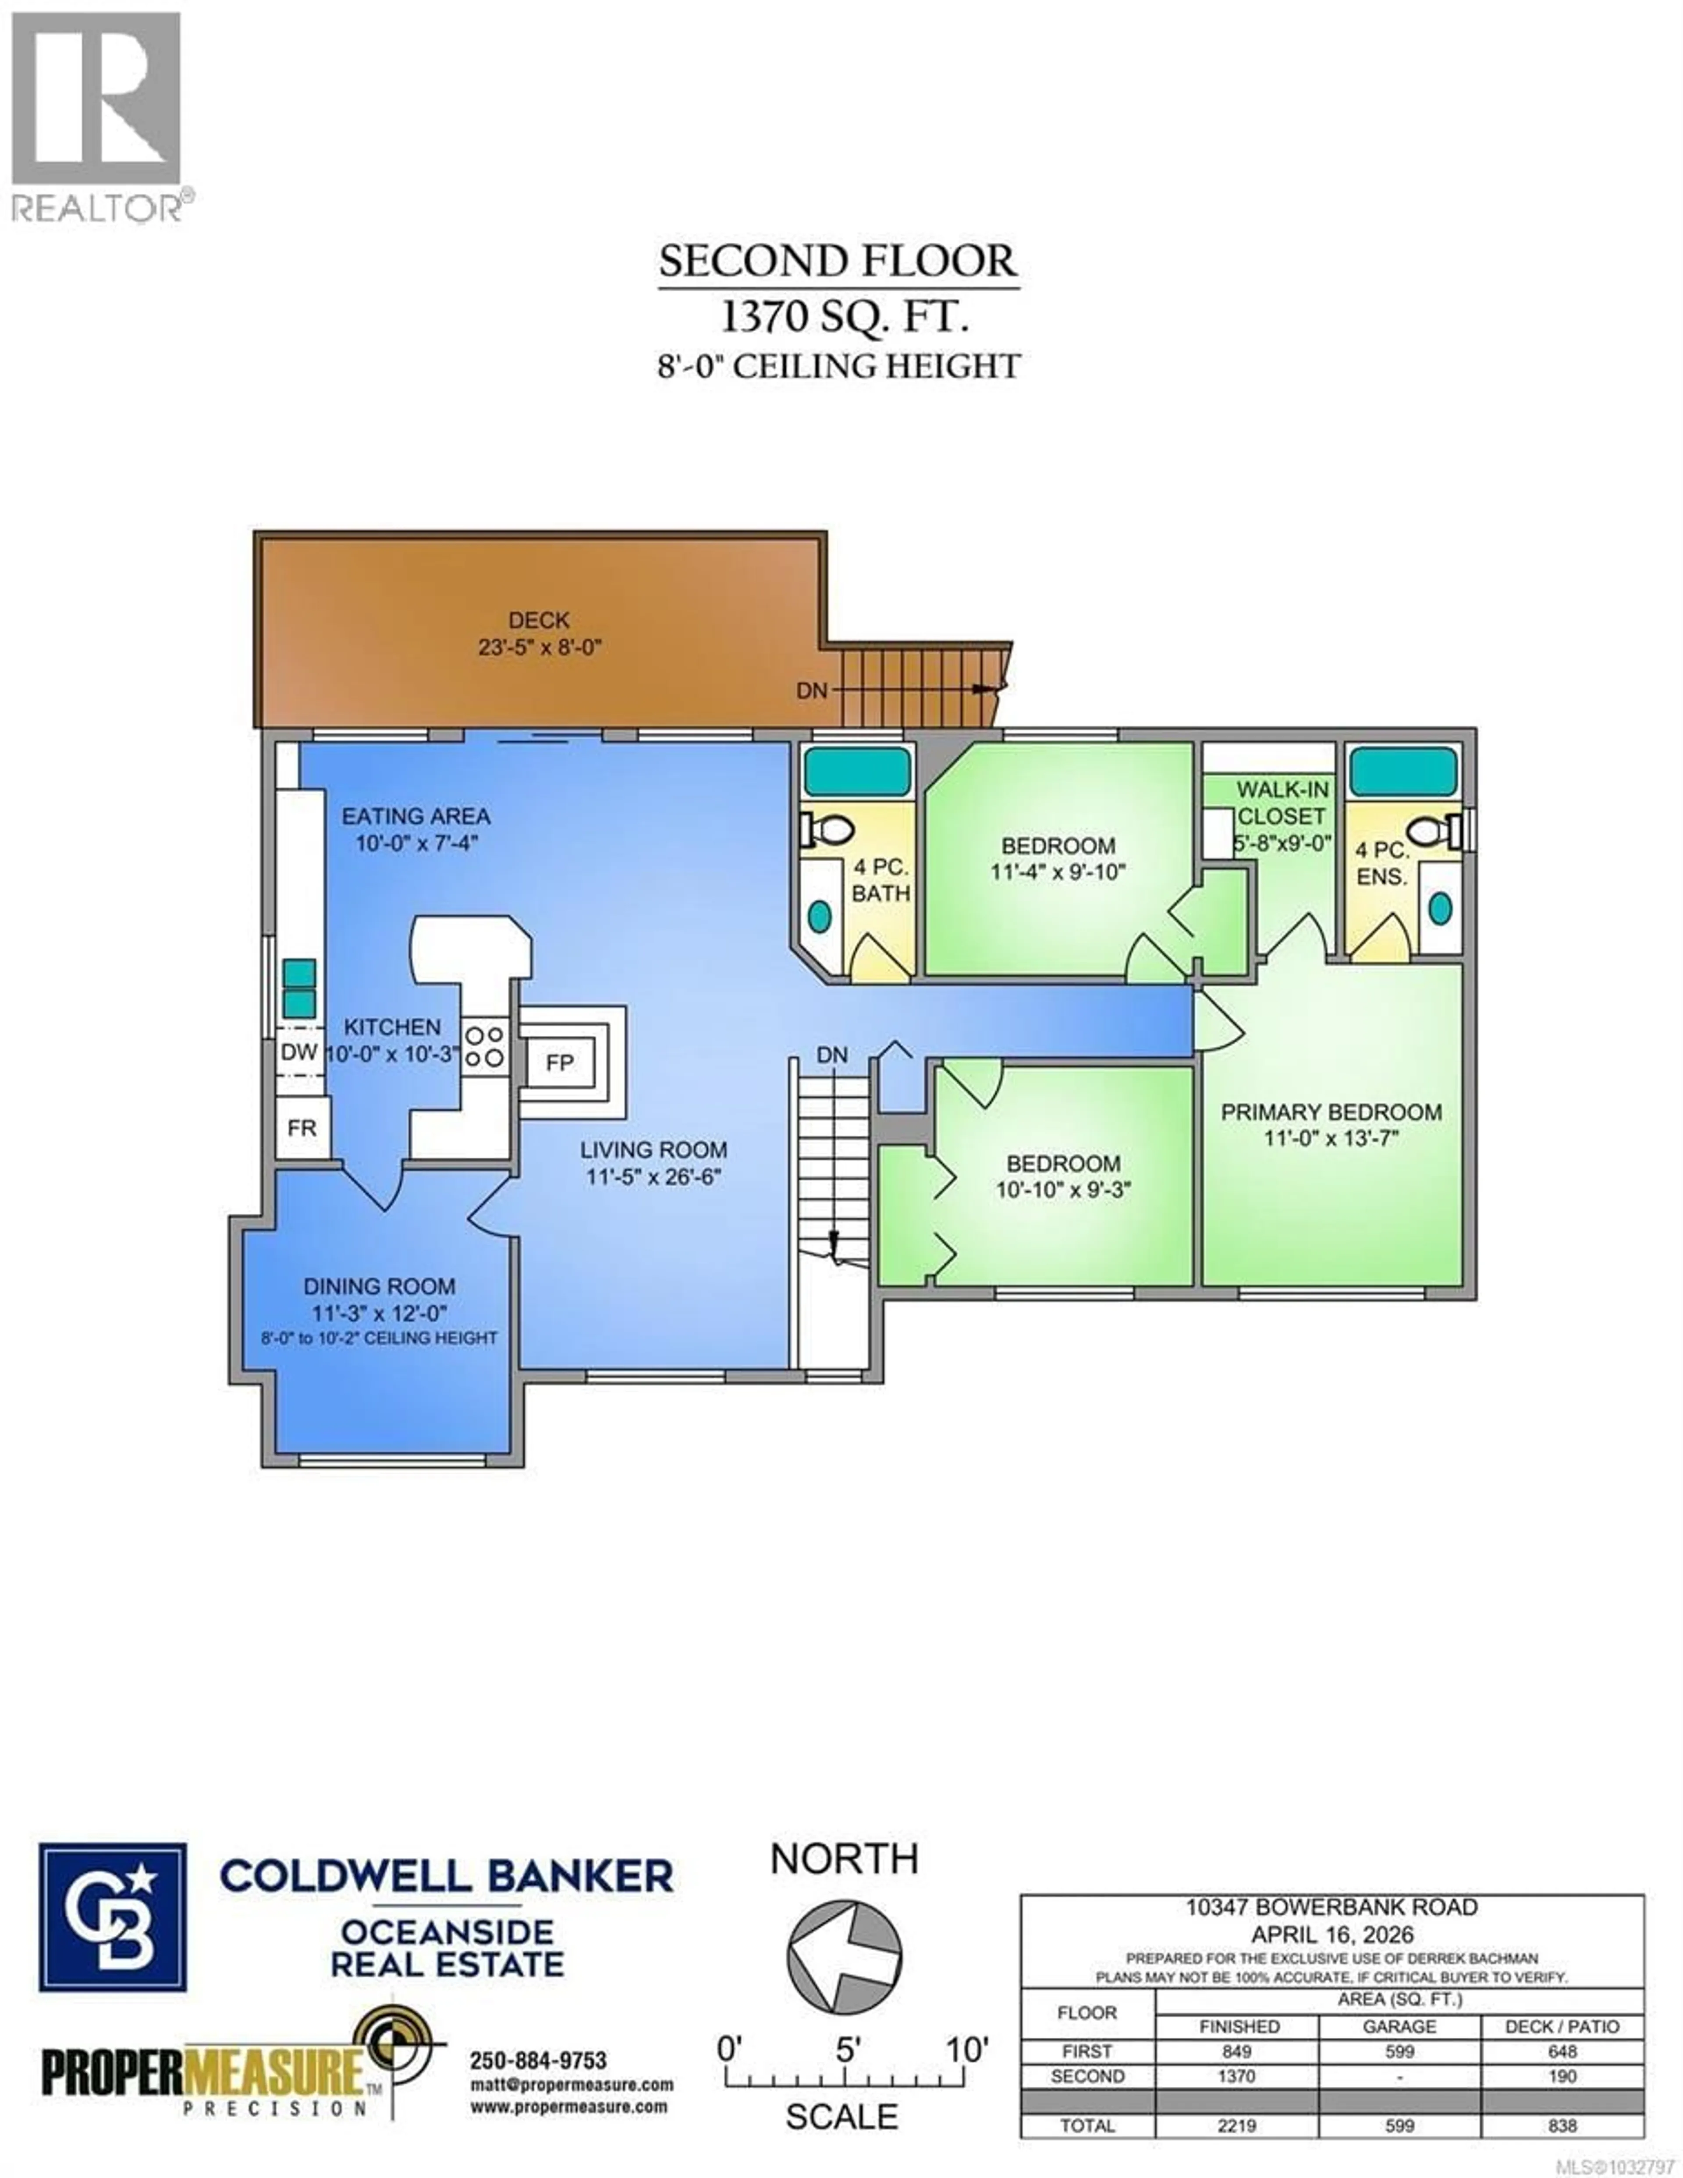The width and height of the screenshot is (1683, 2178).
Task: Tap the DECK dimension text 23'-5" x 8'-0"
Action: click(540, 647)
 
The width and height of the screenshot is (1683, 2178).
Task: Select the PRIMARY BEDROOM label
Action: click(1331, 1112)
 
